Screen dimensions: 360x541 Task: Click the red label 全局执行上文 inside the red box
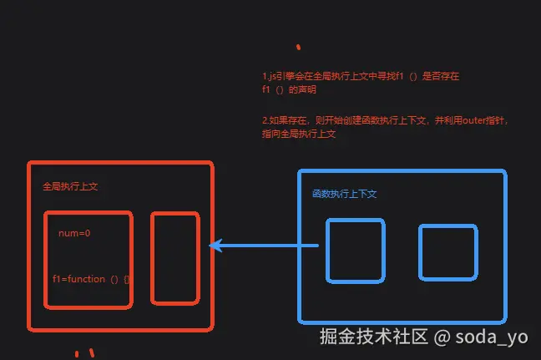tap(70, 187)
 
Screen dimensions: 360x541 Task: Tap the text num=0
tap(74, 233)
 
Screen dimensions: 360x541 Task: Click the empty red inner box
tap(174, 258)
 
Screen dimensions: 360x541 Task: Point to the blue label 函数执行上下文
tap(345, 194)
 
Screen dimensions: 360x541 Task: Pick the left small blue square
tap(355, 250)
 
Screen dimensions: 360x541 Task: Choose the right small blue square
tap(447, 251)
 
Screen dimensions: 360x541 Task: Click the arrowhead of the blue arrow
tap(215, 246)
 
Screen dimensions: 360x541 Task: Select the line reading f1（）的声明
tap(289, 88)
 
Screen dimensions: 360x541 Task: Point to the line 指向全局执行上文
tap(298, 133)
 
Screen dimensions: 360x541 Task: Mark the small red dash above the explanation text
tap(298, 47)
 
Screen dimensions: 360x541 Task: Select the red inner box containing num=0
tap(88, 259)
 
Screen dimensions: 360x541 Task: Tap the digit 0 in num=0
tap(87, 233)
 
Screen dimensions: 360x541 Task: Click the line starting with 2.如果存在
tap(384, 120)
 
